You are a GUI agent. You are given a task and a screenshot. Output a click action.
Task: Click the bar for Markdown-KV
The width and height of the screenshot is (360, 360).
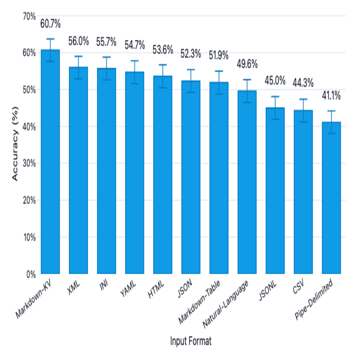50,162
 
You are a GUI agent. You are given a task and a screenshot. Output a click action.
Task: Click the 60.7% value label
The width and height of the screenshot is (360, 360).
50,23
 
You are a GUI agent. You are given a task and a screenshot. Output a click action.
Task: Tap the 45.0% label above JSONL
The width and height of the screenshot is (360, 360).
275,81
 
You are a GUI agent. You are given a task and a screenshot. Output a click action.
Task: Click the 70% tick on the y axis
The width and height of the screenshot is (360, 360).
29,16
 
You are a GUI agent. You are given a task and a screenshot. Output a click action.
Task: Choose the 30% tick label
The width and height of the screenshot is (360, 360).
29,164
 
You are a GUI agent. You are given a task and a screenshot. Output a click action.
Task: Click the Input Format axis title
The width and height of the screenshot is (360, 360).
191,342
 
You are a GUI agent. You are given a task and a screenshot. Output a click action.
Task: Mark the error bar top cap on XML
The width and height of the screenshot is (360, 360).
78,56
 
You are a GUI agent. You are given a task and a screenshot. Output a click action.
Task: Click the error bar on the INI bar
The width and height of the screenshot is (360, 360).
106,68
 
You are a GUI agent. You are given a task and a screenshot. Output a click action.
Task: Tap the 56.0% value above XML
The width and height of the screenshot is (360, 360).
78,41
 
